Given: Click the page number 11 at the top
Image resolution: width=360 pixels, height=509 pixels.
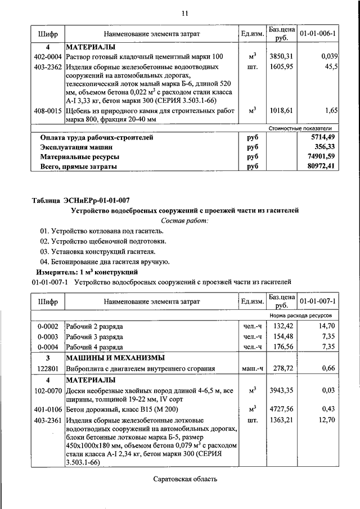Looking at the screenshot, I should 184,13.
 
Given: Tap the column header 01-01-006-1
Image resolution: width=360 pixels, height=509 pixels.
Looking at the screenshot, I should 318,34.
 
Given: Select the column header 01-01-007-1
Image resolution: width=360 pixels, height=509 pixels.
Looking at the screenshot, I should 318,301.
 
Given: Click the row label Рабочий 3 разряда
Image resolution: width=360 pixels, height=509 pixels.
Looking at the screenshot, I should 94,336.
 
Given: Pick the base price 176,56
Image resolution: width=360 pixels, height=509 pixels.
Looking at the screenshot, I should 283,347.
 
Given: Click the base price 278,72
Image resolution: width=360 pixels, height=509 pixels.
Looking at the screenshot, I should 283,368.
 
